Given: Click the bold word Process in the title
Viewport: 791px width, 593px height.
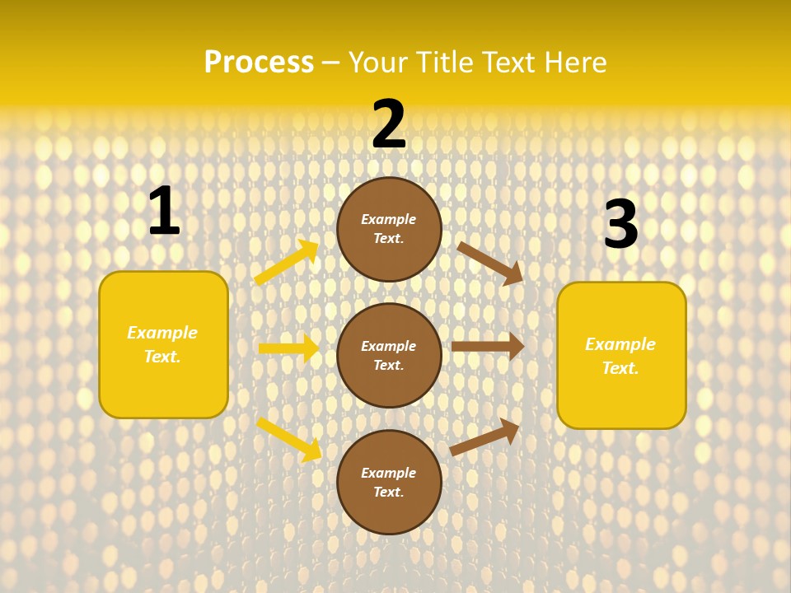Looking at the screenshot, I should pos(259,63).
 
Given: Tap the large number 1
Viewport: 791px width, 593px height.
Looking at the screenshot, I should pos(164,212).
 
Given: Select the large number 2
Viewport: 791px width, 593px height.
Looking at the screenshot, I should pos(389,124).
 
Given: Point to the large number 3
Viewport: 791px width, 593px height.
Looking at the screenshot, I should pos(620,224).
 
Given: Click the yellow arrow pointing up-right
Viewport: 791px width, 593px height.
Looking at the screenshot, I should pos(286,263).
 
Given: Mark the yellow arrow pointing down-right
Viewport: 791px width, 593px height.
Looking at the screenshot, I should pos(288,438).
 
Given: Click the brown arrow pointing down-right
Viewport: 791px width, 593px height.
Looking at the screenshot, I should pos(489,263).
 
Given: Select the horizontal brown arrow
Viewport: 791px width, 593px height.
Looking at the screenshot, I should pos(487,346).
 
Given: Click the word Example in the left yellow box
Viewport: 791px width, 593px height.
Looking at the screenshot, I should pos(162,333).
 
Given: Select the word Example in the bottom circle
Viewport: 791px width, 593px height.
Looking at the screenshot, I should pos(389,473).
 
